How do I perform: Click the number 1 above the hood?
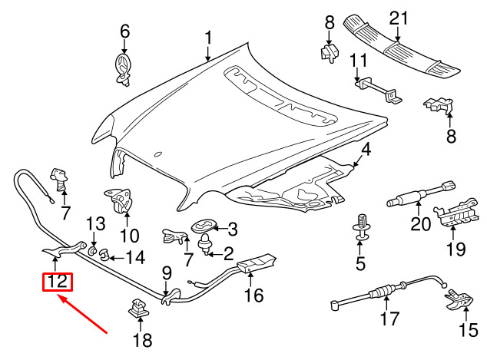point(207,37)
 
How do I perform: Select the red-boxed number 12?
point(57,282)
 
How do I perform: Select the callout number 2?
point(229,253)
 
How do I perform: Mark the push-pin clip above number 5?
point(359,227)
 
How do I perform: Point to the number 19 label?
point(456,249)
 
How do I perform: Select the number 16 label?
point(253,296)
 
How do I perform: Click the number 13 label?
point(94,224)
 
